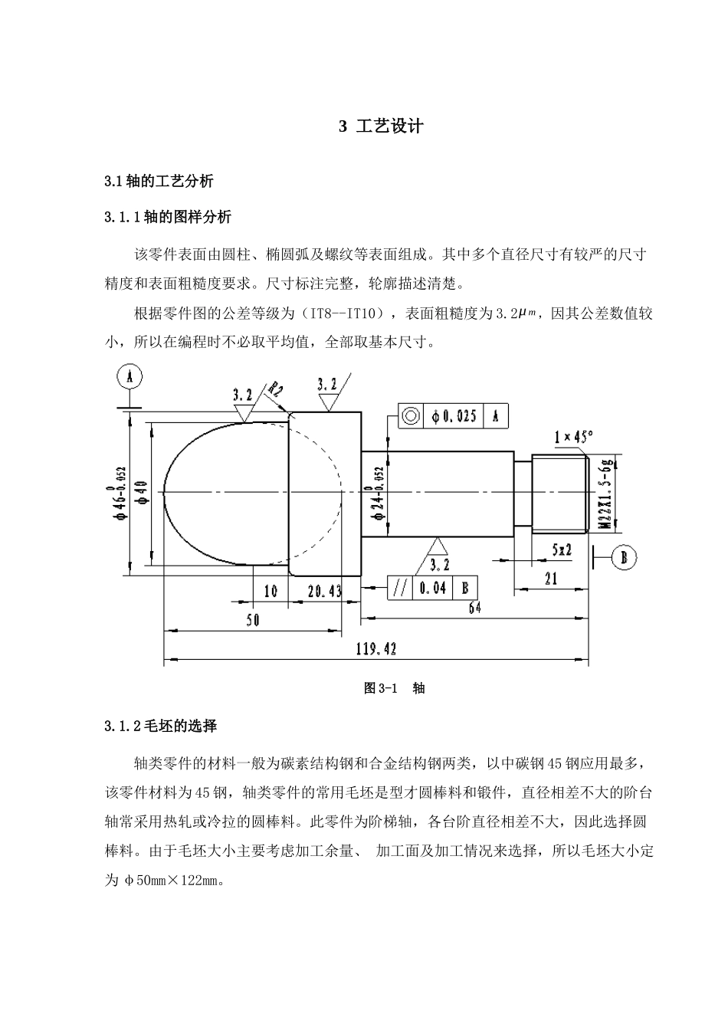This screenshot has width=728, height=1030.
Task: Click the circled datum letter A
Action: pyautogui.click(x=130, y=376)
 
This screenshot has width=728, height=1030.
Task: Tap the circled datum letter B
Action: pyautogui.click(x=624, y=557)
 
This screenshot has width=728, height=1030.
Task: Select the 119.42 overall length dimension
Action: pyautogui.click(x=375, y=649)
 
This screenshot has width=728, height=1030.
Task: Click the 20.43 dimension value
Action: pyautogui.click(x=325, y=591)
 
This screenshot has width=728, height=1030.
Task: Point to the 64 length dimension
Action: pyautogui.click(x=474, y=608)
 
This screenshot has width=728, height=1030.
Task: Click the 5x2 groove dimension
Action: pyautogui.click(x=562, y=549)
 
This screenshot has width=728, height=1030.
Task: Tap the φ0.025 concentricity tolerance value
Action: pyautogui.click(x=454, y=416)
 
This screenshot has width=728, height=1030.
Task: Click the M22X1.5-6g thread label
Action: pyautogui.click(x=605, y=493)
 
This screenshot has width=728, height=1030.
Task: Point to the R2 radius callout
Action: pyautogui.click(x=275, y=389)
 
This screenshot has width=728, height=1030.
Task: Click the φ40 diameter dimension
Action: pyautogui.click(x=141, y=491)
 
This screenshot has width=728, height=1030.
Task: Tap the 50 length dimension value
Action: pyautogui.click(x=253, y=620)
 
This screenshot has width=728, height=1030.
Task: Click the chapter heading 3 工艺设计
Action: pyautogui.click(x=381, y=126)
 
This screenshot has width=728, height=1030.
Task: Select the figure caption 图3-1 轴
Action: pyautogui.click(x=394, y=687)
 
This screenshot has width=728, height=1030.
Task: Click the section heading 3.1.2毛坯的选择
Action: pyautogui.click(x=161, y=725)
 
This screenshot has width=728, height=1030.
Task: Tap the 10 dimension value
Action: pyautogui.click(x=271, y=591)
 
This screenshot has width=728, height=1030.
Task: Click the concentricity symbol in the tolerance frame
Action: pyautogui.click(x=411, y=416)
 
